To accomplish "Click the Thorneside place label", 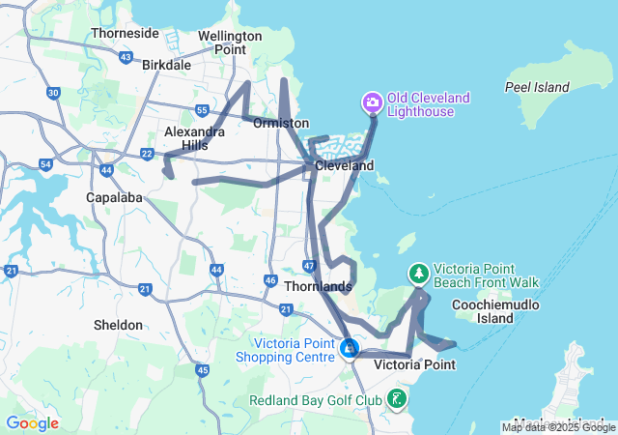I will pyautogui.click(x=125, y=33).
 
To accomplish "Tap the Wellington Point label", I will pyautogui.click(x=230, y=43).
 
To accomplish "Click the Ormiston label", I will pyautogui.click(x=280, y=123).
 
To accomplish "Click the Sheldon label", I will pyautogui.click(x=118, y=325).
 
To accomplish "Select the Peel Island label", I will pyautogui.click(x=537, y=87).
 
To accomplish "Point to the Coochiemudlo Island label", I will pyautogui.click(x=495, y=311).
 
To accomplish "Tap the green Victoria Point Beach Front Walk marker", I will pyautogui.click(x=418, y=274).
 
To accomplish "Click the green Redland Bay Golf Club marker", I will pyautogui.click(x=397, y=398).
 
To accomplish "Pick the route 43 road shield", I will pyautogui.click(x=126, y=58).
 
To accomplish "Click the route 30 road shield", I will pyautogui.click(x=53, y=93).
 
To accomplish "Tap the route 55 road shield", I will pyautogui.click(x=201, y=110).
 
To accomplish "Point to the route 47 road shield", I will pyautogui.click(x=308, y=265).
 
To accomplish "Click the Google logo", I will pyautogui.click(x=32, y=423).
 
